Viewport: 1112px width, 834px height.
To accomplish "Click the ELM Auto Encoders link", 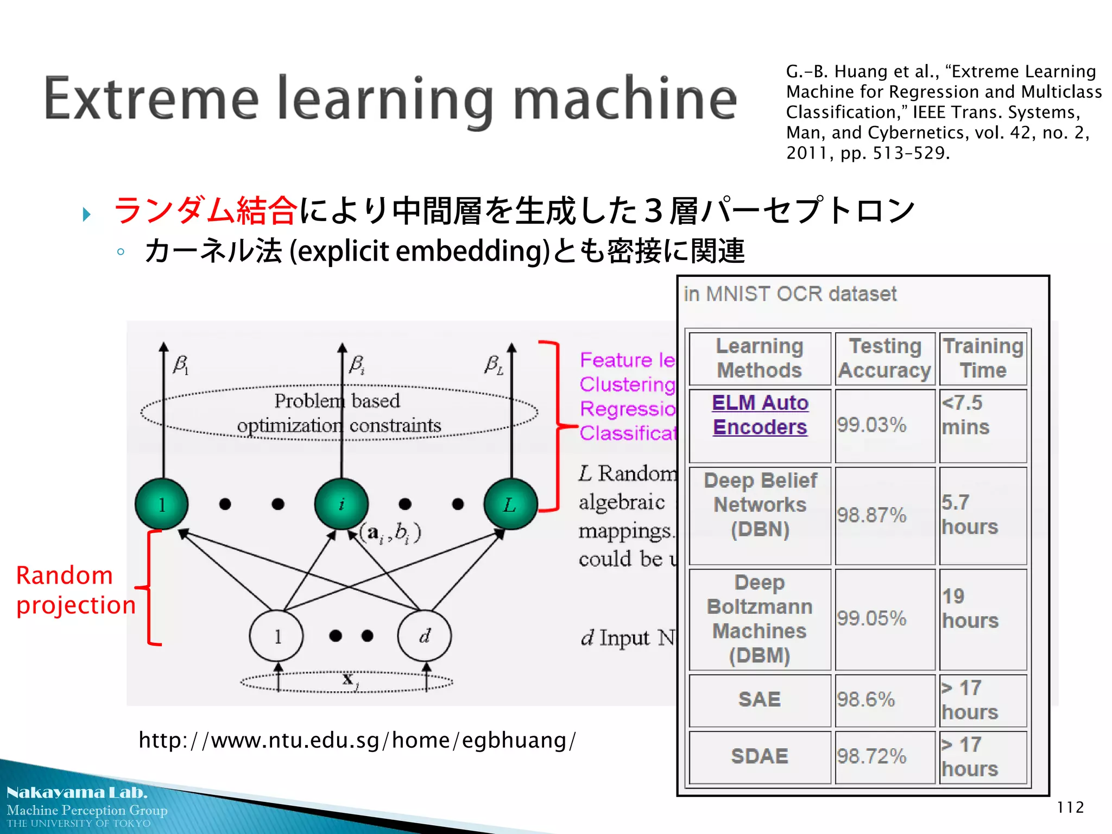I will point(760,415).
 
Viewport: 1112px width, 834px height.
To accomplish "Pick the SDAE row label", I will point(759,756).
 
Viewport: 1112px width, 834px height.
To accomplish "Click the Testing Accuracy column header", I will point(884,358).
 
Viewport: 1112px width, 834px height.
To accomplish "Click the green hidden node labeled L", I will point(510,504).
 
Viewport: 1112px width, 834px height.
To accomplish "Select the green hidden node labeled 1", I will point(162,504).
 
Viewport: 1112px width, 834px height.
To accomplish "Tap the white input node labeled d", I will point(424,636).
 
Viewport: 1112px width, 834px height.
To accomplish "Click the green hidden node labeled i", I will point(342,504).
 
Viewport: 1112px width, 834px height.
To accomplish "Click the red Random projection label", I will point(75,590).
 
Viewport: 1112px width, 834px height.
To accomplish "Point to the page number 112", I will point(1070,807).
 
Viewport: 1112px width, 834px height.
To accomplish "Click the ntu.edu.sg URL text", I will point(357,740).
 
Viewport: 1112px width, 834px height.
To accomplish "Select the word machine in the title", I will point(624,99).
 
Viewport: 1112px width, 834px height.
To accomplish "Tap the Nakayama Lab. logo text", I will point(77,793).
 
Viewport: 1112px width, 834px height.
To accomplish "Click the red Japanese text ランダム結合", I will point(205,211).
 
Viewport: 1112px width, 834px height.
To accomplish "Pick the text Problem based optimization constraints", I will point(338,413).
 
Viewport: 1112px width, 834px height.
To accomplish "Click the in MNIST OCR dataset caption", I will point(790,294).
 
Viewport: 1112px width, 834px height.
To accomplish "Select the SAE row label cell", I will point(759,699).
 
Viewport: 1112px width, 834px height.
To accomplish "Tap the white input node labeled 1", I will point(276,636).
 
